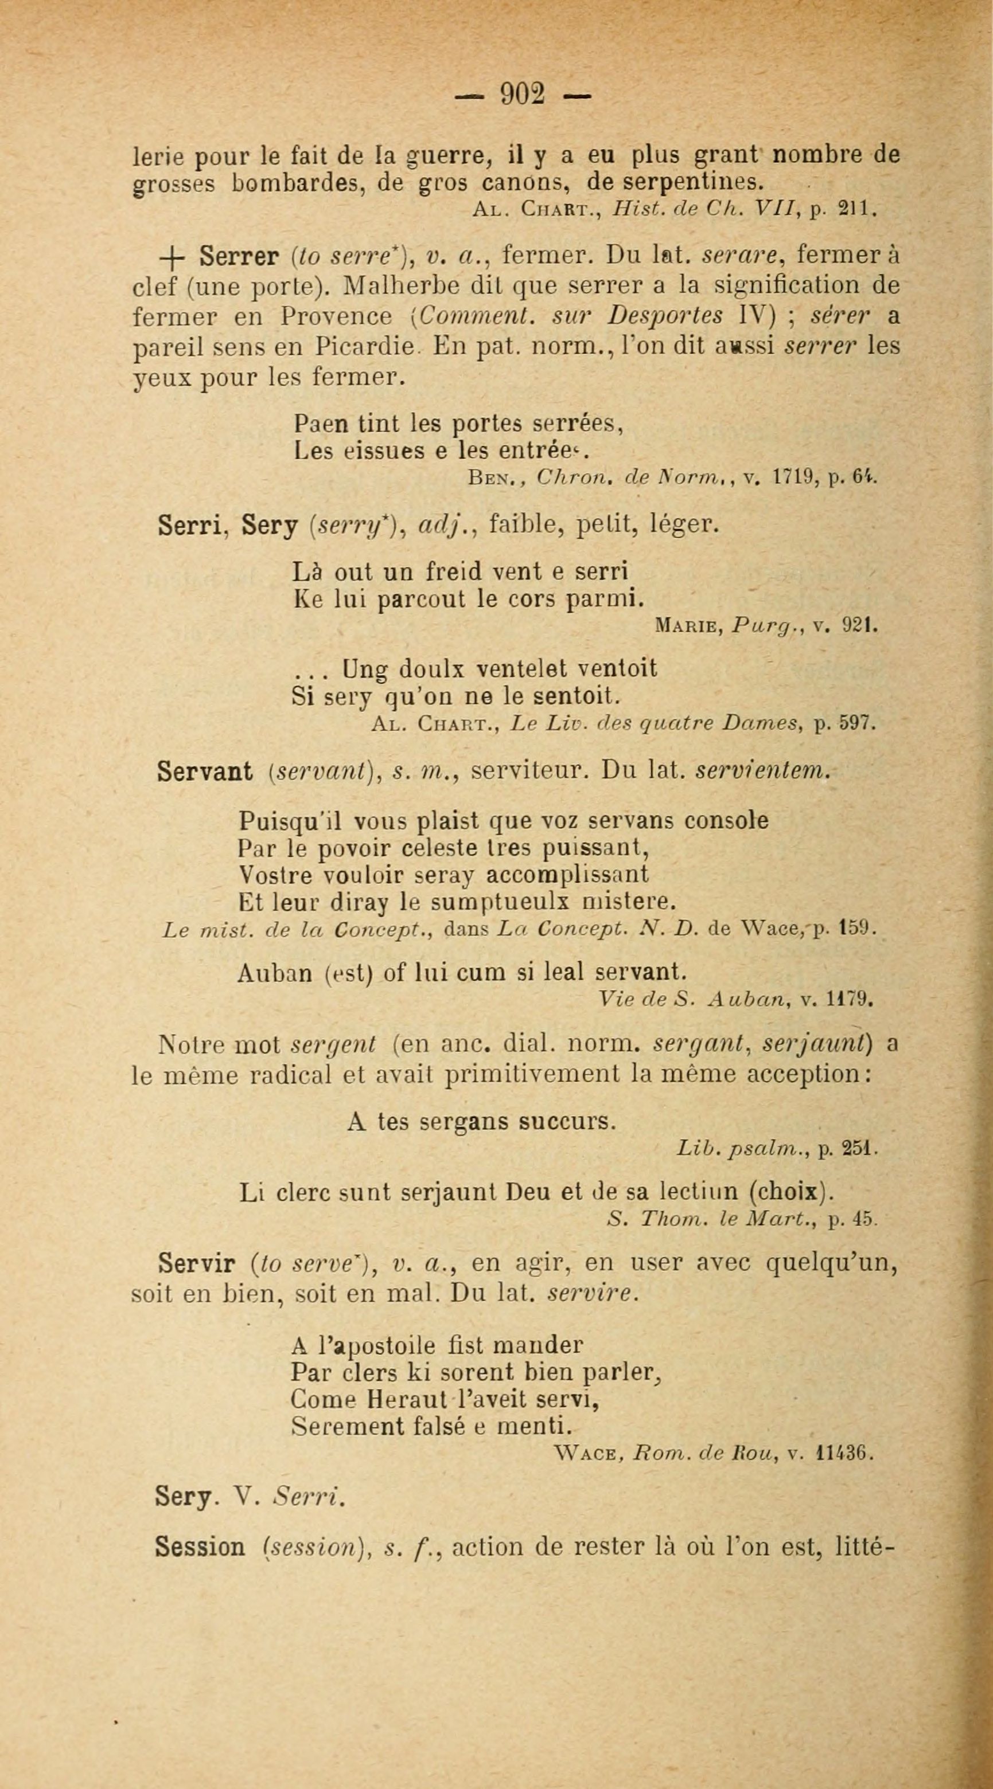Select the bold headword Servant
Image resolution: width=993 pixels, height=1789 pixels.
[205, 771]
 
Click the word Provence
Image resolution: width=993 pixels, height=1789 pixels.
[336, 316]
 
